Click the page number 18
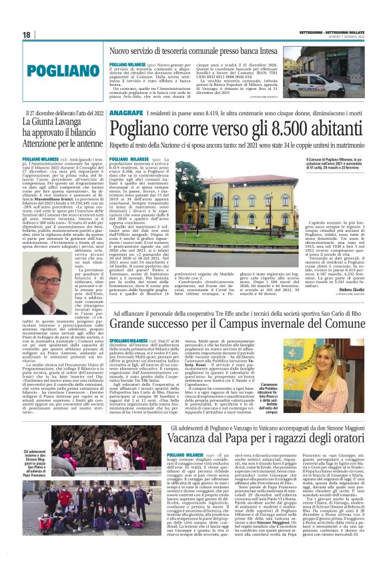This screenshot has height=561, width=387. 27,34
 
